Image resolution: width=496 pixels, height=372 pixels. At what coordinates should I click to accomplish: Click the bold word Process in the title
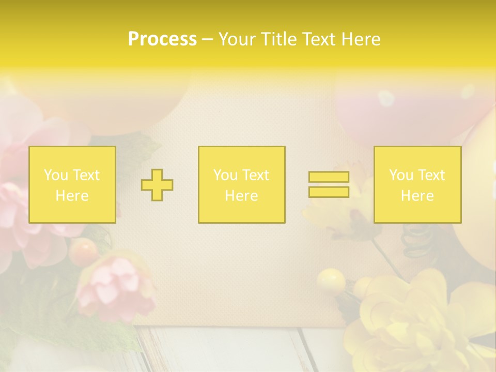pos(162,39)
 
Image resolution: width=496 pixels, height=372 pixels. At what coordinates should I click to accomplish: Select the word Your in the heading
pos(236,39)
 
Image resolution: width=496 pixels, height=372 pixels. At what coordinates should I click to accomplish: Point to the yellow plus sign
pos(157,185)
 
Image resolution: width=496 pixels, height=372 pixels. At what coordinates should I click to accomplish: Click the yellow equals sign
pos(329,184)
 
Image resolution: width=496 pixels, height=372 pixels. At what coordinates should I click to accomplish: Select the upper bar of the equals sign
pos(329,177)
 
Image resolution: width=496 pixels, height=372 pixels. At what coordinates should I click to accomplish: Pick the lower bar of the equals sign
pos(329,192)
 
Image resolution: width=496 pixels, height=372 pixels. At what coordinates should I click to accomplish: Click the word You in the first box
pos(55,175)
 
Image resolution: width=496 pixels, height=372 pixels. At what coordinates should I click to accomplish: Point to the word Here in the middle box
pos(241,196)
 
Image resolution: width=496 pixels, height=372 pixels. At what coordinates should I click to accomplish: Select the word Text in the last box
pos(430,175)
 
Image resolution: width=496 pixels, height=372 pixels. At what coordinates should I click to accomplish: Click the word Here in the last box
pos(417,196)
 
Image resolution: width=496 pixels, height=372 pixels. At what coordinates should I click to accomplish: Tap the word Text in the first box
pos(85,175)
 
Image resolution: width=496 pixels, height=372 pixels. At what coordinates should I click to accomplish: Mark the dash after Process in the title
pos(208,40)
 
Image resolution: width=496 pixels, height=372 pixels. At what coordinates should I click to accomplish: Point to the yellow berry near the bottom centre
pos(331,282)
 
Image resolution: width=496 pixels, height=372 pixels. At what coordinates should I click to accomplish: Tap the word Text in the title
pos(318,39)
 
